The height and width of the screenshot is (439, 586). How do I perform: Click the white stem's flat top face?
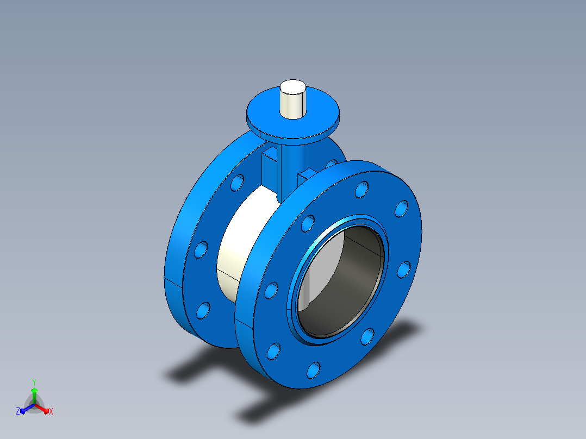(293, 87)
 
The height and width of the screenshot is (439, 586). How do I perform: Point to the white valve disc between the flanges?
(243, 243)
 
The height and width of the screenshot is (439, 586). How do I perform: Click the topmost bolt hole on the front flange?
(362, 190)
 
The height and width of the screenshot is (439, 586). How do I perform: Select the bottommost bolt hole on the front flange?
(313, 370)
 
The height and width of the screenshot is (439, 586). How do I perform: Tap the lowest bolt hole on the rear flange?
(203, 311)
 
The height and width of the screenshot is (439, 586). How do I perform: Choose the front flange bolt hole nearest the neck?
(308, 223)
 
